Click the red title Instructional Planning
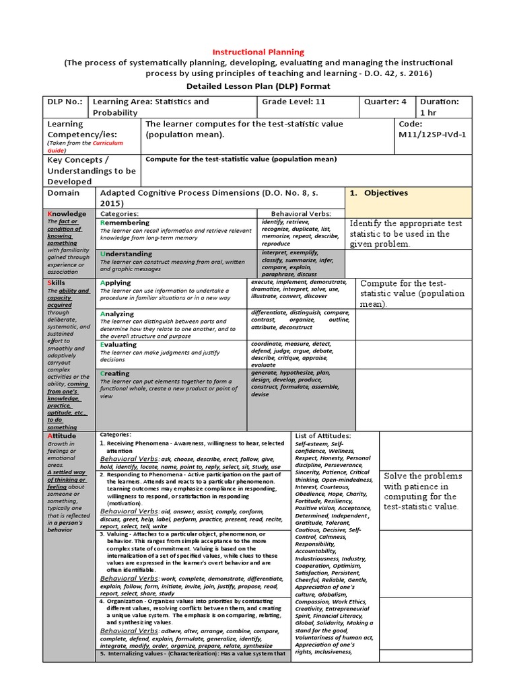(x=258, y=52)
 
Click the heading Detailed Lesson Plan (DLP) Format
(x=258, y=86)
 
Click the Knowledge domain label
(x=67, y=214)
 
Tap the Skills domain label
(x=56, y=283)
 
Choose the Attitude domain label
(x=61, y=436)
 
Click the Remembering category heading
(x=125, y=223)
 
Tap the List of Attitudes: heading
(x=322, y=436)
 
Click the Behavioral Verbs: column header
(x=301, y=214)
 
